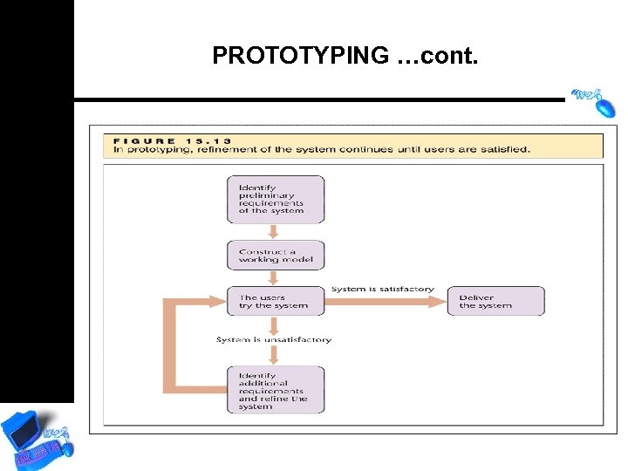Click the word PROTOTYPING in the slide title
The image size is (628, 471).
[x=300, y=56]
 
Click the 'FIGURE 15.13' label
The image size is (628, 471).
[x=170, y=140]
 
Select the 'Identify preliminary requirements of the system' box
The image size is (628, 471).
[x=275, y=199]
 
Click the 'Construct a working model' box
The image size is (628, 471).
[x=275, y=256]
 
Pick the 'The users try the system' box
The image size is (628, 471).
[x=275, y=301]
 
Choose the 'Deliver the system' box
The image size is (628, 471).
[x=495, y=301]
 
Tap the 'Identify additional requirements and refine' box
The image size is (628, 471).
[x=275, y=390]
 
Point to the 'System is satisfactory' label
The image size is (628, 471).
[x=382, y=289]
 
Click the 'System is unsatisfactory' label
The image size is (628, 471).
[x=274, y=339]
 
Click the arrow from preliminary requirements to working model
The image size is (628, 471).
[x=274, y=232]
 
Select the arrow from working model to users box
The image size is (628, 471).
[x=274, y=277]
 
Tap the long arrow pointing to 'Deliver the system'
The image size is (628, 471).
[x=384, y=302]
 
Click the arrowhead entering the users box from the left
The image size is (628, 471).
[x=218, y=302]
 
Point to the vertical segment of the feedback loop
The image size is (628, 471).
[x=170, y=345]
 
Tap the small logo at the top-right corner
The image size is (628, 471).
[x=593, y=99]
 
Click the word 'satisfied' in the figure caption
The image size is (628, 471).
[x=507, y=149]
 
